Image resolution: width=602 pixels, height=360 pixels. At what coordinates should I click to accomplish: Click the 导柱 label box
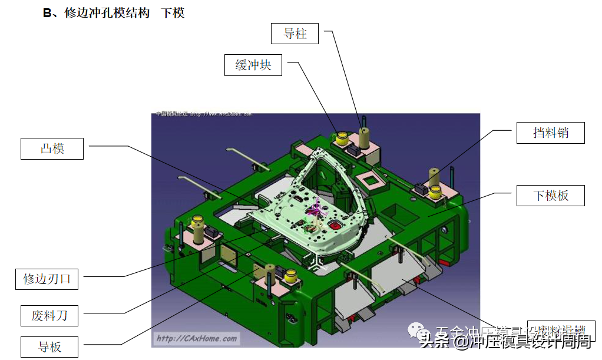[295, 34]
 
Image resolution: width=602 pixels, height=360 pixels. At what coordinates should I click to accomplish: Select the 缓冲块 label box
[253, 65]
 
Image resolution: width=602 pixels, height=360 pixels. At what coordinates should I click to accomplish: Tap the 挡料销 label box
[551, 133]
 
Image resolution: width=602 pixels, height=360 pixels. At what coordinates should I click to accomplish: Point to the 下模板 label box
[551, 196]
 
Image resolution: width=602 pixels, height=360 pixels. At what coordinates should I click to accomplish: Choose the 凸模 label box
[52, 148]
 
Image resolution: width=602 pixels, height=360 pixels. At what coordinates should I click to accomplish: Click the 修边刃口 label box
[47, 279]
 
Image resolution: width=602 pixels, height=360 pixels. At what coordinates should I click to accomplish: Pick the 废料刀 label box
[49, 316]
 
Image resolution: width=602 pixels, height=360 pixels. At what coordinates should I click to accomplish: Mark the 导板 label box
[49, 346]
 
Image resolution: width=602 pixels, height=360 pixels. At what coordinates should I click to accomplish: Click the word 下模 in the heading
[173, 13]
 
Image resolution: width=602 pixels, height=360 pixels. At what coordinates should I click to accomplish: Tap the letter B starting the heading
[47, 13]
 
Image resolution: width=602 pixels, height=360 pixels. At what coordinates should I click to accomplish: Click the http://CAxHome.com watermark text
[196, 338]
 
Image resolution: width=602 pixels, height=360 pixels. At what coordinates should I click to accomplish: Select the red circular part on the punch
[336, 224]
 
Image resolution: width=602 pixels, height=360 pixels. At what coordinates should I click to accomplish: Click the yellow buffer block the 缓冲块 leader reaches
[342, 139]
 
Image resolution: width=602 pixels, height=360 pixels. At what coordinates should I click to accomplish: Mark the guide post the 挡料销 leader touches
[434, 176]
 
